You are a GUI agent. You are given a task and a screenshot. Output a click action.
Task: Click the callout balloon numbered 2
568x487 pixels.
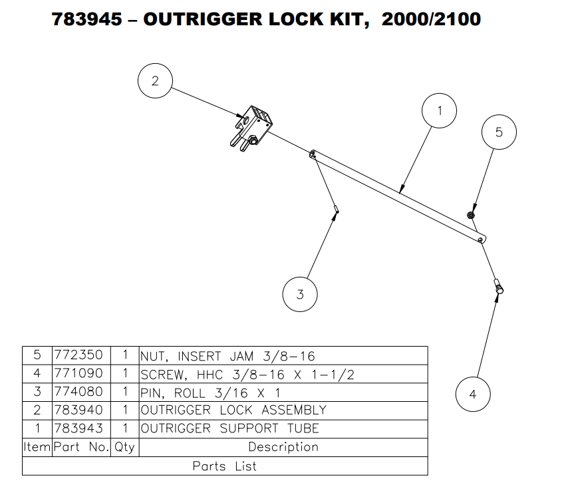click(x=155, y=81)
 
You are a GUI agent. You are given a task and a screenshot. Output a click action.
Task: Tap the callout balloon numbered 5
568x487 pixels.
click(x=499, y=132)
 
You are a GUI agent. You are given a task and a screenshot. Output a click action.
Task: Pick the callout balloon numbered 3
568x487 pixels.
click(x=300, y=294)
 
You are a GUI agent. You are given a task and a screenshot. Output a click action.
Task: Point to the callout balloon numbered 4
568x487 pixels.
click(x=473, y=394)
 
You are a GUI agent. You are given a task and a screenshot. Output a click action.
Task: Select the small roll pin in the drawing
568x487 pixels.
click(x=337, y=210)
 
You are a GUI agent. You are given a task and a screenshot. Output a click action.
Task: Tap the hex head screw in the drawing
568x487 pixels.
click(x=499, y=287)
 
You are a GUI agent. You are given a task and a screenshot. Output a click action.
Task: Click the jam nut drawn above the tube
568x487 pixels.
click(x=471, y=215)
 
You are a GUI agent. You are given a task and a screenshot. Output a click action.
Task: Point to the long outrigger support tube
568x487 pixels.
click(x=399, y=193)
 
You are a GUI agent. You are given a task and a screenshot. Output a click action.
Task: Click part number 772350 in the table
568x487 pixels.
click(x=79, y=355)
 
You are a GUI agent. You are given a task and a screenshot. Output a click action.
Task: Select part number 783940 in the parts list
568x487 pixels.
click(x=79, y=409)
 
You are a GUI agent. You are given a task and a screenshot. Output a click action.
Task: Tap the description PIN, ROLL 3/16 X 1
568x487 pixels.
click(x=210, y=392)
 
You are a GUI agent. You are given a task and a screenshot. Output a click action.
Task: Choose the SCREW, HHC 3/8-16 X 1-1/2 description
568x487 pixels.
click(x=247, y=374)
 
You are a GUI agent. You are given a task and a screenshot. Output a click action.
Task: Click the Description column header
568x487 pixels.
click(x=283, y=446)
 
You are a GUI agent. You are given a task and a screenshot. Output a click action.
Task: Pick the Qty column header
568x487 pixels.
click(x=124, y=446)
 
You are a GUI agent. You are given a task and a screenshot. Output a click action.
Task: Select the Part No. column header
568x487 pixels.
click(x=81, y=446)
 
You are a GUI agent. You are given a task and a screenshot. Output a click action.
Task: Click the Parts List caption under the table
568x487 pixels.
click(x=224, y=466)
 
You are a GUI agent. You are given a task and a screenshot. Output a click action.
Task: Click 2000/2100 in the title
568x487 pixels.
click(x=431, y=19)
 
